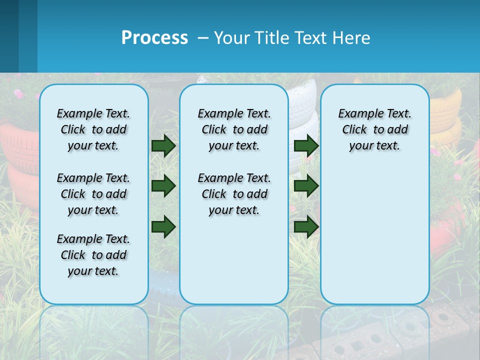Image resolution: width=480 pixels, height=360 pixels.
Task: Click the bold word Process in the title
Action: coord(154,38)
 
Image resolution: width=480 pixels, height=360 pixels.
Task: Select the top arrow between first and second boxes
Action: coord(163,145)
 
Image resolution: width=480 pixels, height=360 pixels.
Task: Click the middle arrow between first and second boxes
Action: coord(163,186)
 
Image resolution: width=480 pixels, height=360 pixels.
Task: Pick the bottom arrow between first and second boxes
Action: coord(163,226)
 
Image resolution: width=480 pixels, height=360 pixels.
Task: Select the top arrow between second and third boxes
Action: coord(306,145)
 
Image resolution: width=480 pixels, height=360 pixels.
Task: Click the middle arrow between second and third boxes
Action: coord(306,186)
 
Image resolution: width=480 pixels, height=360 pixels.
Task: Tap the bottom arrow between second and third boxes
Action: coord(306,226)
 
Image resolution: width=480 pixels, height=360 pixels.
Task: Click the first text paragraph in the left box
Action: coord(93,129)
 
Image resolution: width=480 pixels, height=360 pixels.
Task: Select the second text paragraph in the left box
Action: coord(93,194)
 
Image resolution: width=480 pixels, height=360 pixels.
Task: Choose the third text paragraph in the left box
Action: coord(93,255)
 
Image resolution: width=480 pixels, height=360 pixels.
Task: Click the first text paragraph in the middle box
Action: coord(234,129)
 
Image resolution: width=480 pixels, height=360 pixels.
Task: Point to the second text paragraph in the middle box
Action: coord(234,194)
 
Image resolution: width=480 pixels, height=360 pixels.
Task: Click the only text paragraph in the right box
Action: coord(374,129)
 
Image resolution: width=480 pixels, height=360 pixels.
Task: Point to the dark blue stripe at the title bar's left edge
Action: coord(9,36)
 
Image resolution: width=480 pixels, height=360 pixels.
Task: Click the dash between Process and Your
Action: coord(203,38)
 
